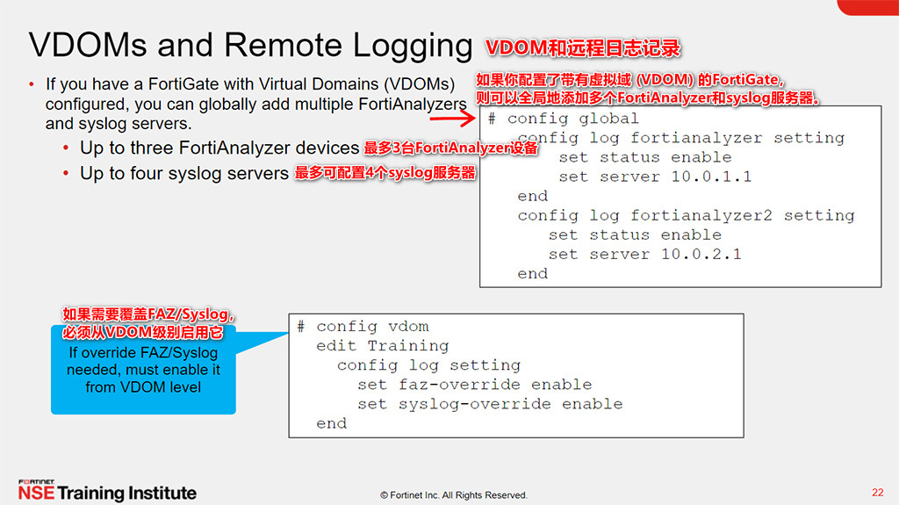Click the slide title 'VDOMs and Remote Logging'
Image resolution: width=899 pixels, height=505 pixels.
point(250,46)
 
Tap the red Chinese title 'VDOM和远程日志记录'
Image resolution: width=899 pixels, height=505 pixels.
point(584,47)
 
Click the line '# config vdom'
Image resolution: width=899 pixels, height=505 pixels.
point(363,326)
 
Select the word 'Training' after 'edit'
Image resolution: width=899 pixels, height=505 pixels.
point(408,345)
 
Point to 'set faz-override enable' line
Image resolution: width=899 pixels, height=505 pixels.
point(474,384)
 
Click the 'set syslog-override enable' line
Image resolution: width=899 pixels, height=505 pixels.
point(490,404)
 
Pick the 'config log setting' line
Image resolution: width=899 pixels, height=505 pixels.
point(428,364)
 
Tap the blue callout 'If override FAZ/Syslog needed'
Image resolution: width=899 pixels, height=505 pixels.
point(143,370)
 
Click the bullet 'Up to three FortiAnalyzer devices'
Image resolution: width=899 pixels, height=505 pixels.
point(219,148)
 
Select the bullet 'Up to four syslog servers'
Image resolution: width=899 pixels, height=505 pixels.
point(184,173)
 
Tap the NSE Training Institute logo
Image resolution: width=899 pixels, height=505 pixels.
point(107,491)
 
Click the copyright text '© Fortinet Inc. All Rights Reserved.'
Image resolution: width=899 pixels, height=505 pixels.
point(454,495)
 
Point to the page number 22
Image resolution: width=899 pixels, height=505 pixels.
point(877,492)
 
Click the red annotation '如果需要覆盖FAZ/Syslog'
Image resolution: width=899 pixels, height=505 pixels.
point(147,314)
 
